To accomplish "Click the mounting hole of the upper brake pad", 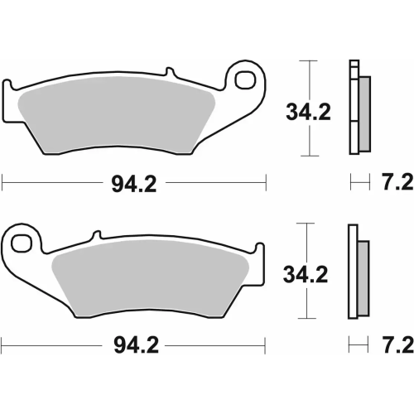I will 246,81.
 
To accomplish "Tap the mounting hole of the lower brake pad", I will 22,243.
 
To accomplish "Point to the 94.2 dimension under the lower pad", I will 132,341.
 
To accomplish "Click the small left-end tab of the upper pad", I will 12,86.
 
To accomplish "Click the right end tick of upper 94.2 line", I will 266,180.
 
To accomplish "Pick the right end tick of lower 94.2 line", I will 266,341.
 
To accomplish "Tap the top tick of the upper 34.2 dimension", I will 308,61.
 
